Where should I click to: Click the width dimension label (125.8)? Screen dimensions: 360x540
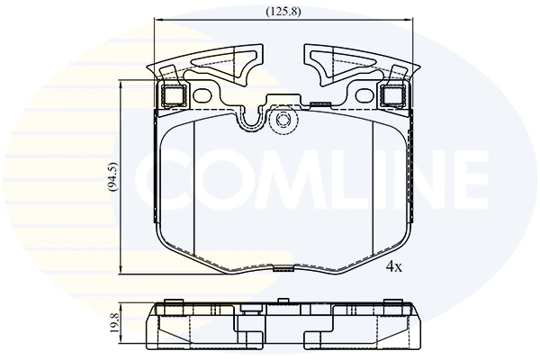283,12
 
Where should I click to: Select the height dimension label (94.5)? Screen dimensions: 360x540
112,176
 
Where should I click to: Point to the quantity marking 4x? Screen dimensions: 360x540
393,267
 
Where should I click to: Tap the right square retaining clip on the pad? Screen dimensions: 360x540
392,94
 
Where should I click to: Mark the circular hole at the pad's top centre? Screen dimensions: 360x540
282,120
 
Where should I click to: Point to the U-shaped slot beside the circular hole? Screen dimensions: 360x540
252,117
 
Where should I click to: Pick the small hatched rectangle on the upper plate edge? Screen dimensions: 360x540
317,104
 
